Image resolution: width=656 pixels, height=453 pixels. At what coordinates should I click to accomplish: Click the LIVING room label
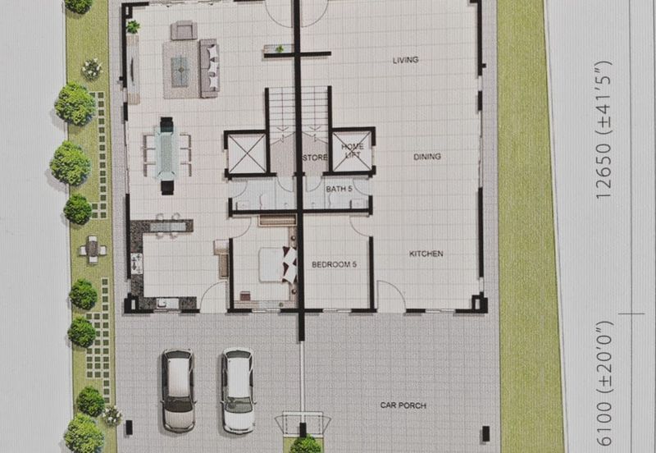(405, 60)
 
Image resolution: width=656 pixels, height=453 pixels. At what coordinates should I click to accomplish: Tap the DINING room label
(427, 157)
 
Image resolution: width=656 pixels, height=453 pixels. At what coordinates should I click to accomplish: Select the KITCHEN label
(426, 254)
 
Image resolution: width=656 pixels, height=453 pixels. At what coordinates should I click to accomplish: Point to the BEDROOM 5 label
(334, 264)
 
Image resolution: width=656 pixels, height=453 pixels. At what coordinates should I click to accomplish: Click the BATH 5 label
(339, 189)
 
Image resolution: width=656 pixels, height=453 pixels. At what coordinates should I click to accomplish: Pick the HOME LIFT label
(353, 151)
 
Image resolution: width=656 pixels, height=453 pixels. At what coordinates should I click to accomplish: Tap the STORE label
(315, 158)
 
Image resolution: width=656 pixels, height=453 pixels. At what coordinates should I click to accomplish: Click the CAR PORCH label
(403, 405)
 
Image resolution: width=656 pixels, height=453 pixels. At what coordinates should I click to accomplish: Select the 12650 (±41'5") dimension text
(604, 130)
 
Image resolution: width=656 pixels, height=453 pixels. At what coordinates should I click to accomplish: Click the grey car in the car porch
(178, 390)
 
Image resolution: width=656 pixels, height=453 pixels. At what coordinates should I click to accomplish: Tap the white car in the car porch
(238, 390)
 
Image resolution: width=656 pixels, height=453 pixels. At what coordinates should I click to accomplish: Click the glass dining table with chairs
(167, 155)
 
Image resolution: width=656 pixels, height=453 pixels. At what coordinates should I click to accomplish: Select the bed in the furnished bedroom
(277, 264)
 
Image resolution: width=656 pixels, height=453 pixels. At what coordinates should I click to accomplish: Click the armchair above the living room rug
(184, 30)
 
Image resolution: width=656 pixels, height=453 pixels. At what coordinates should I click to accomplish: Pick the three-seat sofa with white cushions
(209, 68)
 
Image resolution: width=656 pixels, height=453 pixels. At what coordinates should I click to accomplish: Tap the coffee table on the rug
(180, 71)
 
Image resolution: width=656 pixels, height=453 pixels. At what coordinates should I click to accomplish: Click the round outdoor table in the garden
(93, 250)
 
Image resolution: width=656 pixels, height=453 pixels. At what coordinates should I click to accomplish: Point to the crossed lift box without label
(247, 153)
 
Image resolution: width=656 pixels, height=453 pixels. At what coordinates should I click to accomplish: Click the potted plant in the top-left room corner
(133, 27)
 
